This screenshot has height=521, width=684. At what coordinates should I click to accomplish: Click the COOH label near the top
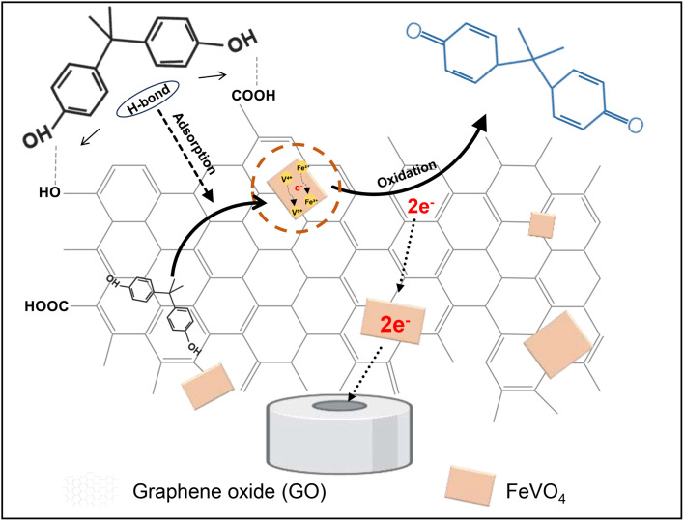point(255,96)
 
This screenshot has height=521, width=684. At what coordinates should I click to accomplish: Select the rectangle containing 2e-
point(393,318)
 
